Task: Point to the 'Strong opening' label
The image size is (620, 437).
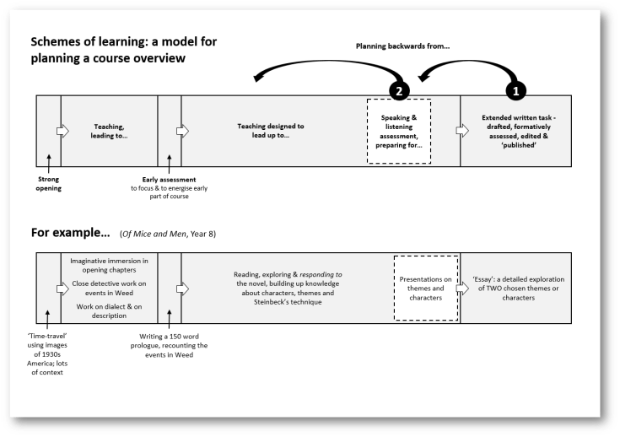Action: [x=50, y=183]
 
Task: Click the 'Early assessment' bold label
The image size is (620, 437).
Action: [x=169, y=179]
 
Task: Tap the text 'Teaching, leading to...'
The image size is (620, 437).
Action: [x=109, y=132]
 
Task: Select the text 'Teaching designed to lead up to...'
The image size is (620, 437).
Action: [x=272, y=131]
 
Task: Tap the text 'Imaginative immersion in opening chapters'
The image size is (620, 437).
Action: [x=110, y=267]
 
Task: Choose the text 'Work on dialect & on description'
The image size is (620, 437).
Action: [x=110, y=310]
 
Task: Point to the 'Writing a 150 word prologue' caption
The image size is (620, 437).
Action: [x=169, y=346]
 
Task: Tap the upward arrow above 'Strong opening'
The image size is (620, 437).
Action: [x=49, y=162]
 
